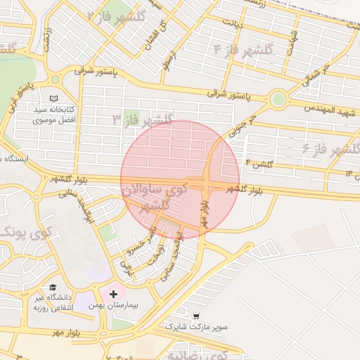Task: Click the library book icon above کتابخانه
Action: pyautogui.click(x=55, y=98)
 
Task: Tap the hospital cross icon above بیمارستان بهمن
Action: pyautogui.click(x=114, y=292)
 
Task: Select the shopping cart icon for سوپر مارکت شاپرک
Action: pyautogui.click(x=195, y=317)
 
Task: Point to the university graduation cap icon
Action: pyautogui.click(x=53, y=287)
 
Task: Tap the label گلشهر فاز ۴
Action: pyautogui.click(x=243, y=49)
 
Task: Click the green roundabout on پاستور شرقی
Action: pyautogui.click(x=278, y=99)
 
